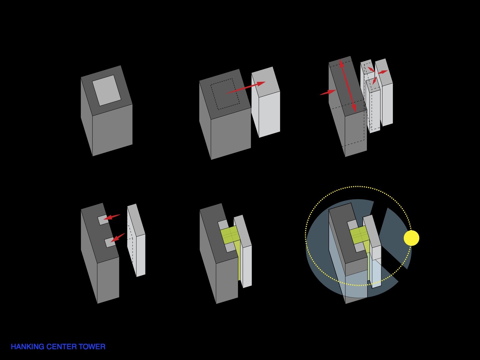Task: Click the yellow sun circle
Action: (411, 238)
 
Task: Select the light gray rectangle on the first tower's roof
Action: (106, 91)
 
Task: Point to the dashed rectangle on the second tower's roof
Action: (225, 94)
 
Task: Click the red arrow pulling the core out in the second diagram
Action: (246, 88)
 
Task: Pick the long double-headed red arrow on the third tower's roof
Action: (348, 86)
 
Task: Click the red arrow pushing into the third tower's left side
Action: (328, 92)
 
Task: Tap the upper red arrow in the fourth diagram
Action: (112, 217)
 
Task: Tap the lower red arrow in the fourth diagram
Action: (118, 237)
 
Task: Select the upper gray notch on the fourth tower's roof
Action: (103, 220)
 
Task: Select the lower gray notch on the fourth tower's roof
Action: (110, 242)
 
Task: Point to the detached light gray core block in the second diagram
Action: (266, 102)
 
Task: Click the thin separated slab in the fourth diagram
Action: (136, 240)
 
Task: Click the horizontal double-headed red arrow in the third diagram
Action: (383, 72)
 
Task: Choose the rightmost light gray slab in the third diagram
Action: (384, 92)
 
